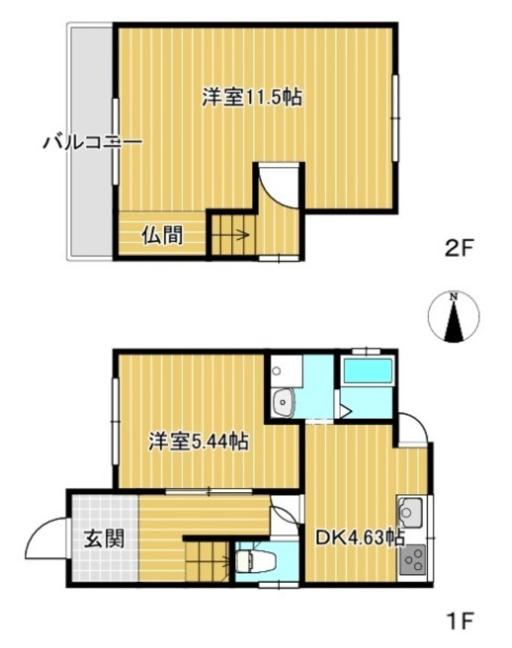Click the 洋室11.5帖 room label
252,98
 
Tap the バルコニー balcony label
93,143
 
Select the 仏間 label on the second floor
162,236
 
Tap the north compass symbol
453,318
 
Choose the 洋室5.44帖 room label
199,441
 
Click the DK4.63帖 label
360,538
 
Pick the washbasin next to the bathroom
284,401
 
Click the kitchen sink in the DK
410,513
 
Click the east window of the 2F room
395,118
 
